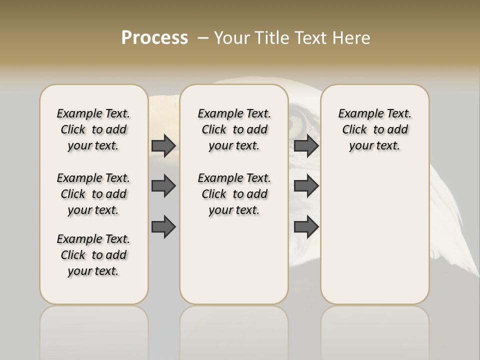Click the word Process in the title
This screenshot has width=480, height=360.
(x=154, y=38)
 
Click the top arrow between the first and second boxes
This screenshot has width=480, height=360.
(x=163, y=145)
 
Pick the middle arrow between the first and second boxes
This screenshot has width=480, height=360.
(x=163, y=186)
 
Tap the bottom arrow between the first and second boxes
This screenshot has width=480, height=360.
(x=163, y=226)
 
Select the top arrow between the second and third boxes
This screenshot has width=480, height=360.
(x=306, y=145)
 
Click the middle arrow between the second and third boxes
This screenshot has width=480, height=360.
(x=306, y=186)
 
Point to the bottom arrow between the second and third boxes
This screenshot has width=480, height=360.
(x=306, y=226)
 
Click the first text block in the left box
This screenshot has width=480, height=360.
(x=93, y=129)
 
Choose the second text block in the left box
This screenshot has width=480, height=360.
(x=93, y=194)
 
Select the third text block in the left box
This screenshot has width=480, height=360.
(x=93, y=255)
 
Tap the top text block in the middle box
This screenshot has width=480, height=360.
(x=234, y=129)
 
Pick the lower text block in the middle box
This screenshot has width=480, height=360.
(x=234, y=194)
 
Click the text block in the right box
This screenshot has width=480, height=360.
(x=375, y=129)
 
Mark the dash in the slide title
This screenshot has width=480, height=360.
(x=203, y=38)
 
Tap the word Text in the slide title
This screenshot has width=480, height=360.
(x=312, y=38)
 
